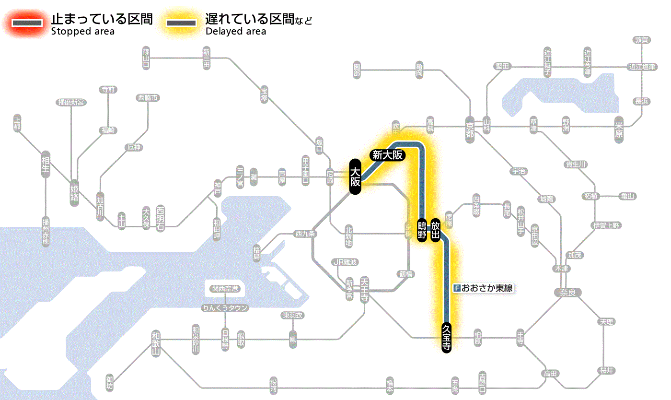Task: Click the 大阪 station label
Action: click(355, 177)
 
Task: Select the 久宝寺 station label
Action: click(446, 338)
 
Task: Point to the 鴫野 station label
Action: click(422, 231)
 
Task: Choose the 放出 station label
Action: click(435, 231)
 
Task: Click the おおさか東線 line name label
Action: click(487, 288)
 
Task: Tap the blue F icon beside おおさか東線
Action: click(457, 288)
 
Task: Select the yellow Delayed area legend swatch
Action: click(181, 23)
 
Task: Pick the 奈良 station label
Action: click(567, 292)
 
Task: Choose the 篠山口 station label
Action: click(146, 57)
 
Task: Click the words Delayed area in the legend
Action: click(235, 32)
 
